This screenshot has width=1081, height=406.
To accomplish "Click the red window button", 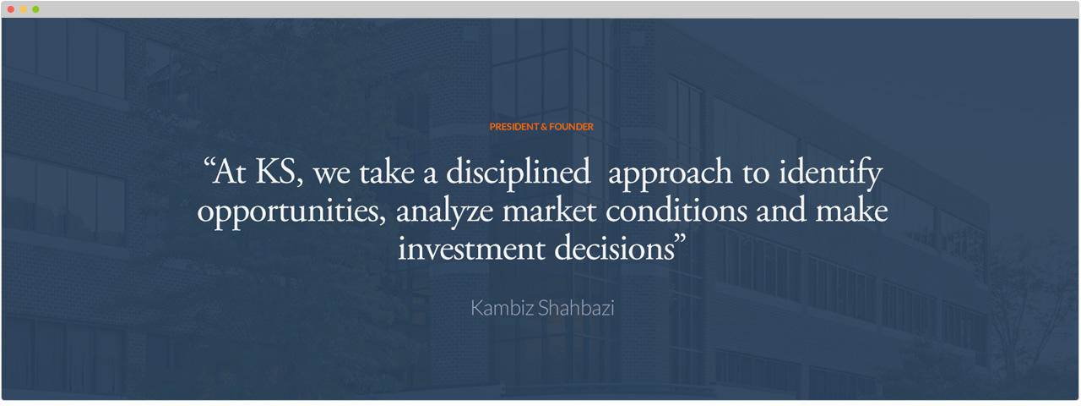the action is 11,9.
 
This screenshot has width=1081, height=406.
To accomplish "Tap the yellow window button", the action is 23,9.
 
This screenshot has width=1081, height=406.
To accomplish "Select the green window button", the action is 35,9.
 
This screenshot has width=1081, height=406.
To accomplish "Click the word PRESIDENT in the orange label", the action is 514,127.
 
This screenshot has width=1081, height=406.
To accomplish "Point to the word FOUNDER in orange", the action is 572,127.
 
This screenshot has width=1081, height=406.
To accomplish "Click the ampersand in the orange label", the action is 544,127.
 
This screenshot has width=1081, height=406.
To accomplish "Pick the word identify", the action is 830,173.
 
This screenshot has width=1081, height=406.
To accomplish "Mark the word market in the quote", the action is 549,211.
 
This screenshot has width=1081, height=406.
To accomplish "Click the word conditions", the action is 676,211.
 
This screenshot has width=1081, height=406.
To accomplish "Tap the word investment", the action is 471,249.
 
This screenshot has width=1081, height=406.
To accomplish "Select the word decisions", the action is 614,248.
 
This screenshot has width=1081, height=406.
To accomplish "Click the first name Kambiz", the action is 502,309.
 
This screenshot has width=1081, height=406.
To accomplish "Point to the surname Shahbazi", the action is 576,309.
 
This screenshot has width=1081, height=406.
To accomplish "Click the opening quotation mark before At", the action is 208,162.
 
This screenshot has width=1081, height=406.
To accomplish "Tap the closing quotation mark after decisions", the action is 680,239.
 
